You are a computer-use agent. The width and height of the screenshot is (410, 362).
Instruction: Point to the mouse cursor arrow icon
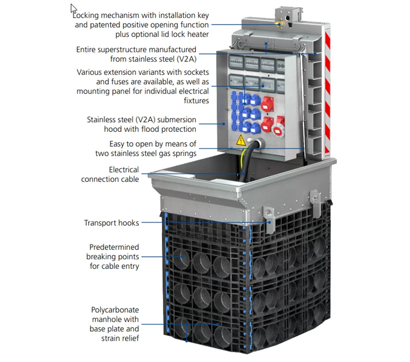point(74,9)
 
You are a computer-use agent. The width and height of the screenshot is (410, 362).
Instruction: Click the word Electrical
point(124,170)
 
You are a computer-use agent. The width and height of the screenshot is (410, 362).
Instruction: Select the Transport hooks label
point(111,223)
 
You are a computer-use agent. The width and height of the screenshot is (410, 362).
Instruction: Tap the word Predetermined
point(114,247)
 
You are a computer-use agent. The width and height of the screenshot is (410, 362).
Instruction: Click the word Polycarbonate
point(115,310)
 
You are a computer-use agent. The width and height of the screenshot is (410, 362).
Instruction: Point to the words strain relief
point(121,338)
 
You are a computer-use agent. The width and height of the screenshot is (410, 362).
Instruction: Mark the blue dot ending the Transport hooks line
point(270,223)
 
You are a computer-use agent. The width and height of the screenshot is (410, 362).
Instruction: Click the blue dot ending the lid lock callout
point(281,24)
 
